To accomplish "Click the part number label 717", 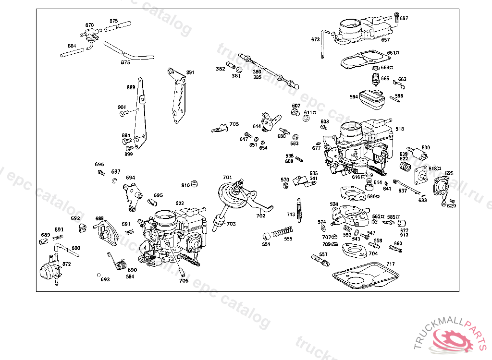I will click(x=391, y=264).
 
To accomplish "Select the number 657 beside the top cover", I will click(x=385, y=40).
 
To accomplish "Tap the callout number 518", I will click(x=400, y=129).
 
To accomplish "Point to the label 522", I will click(x=180, y=204).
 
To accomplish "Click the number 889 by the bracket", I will click(x=131, y=87).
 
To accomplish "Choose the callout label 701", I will click(x=227, y=178).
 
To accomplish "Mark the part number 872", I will click(x=66, y=264).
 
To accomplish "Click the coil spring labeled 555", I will click(x=283, y=233).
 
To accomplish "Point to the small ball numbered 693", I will click(x=98, y=275).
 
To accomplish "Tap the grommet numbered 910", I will click(x=196, y=184).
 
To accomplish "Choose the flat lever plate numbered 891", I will click(x=178, y=96).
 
